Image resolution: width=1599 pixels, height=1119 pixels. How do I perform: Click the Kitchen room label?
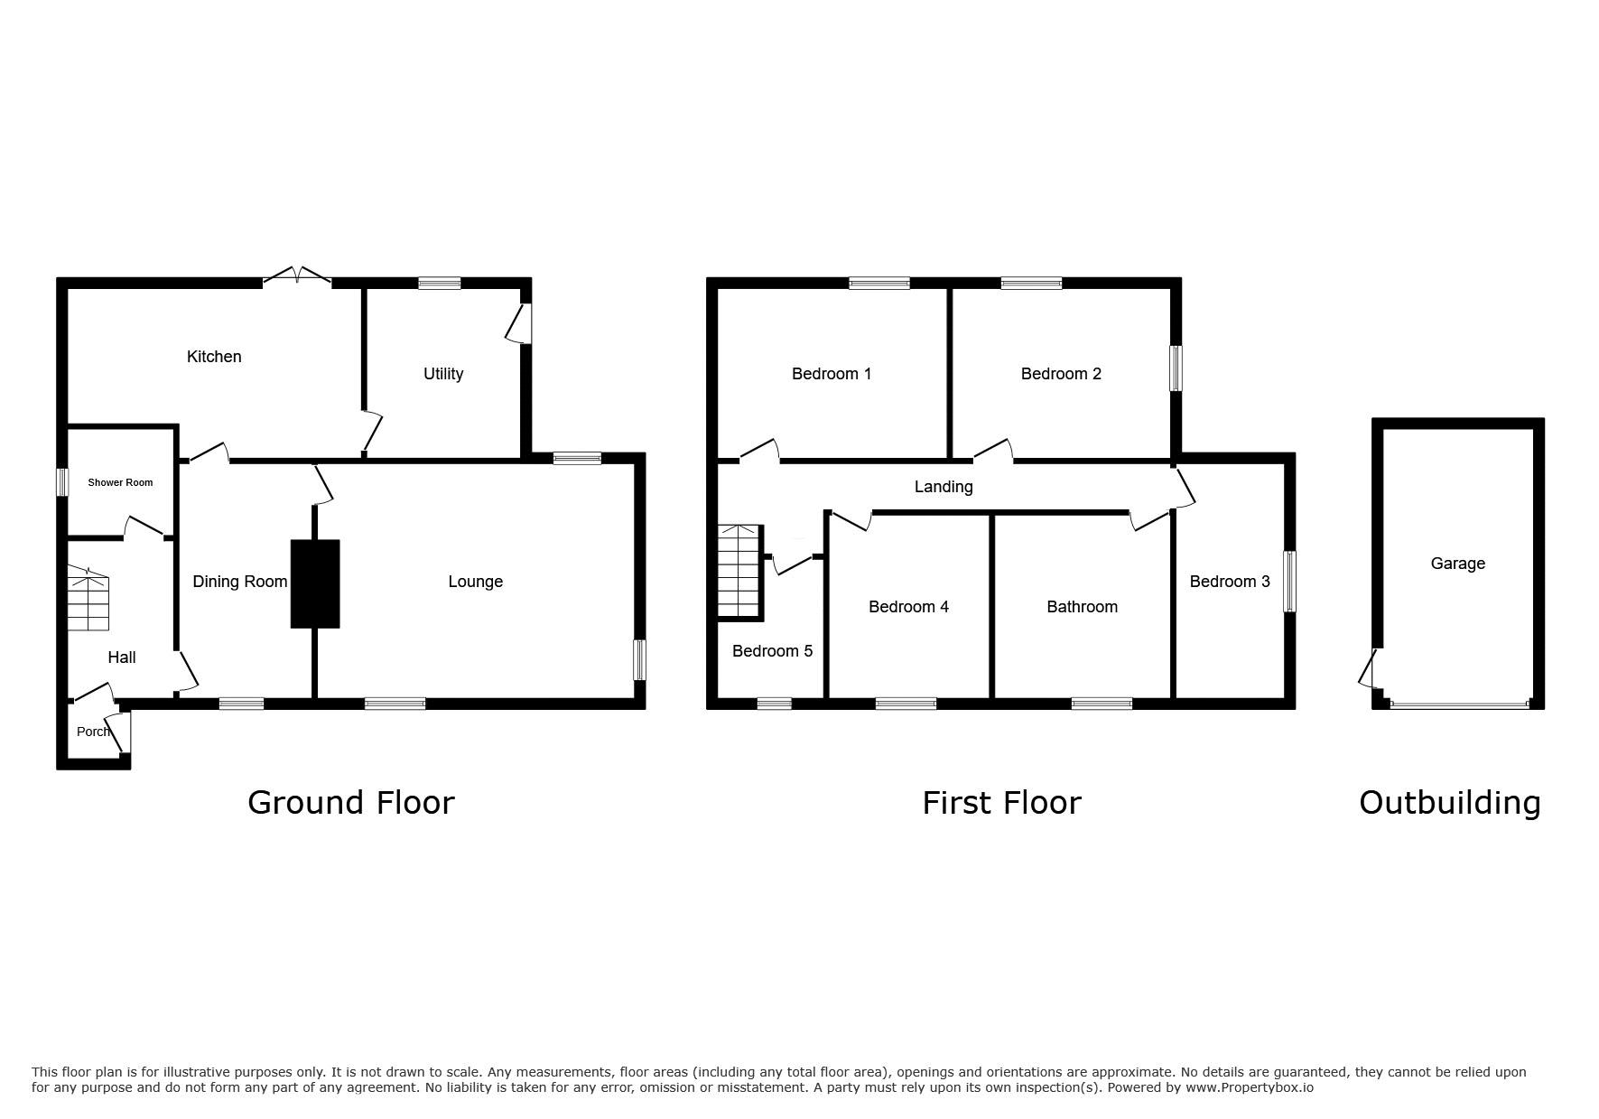click(x=214, y=357)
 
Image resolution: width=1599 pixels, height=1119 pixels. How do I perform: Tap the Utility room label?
click(x=443, y=374)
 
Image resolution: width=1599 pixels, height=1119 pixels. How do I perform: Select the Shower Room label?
click(x=120, y=482)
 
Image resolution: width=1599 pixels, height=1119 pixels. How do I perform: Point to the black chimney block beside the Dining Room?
click(x=315, y=583)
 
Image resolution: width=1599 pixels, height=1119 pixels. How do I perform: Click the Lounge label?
click(x=476, y=582)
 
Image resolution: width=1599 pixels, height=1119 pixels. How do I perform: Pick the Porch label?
click(x=93, y=732)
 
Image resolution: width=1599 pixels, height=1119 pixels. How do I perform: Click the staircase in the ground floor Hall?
click(x=88, y=599)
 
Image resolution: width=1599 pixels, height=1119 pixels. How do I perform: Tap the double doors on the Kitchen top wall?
click(x=297, y=278)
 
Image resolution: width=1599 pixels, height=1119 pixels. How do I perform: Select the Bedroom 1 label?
click(x=832, y=374)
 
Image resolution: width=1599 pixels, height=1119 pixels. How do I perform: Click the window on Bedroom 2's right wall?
click(x=1176, y=368)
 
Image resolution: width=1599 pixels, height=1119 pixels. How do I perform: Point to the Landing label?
click(x=944, y=488)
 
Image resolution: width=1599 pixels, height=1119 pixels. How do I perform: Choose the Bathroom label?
click(x=1082, y=607)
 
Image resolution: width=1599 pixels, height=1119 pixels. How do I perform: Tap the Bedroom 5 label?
click(x=772, y=651)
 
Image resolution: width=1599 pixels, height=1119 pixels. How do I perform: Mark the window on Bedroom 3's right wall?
click(x=1290, y=582)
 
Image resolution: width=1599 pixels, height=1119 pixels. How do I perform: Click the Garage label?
click(x=1457, y=564)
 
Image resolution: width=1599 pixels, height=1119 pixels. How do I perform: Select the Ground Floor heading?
click(x=351, y=802)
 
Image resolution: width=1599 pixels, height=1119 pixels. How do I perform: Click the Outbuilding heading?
click(x=1450, y=802)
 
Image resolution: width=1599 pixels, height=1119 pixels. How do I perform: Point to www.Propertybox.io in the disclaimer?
click(x=1250, y=1087)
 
